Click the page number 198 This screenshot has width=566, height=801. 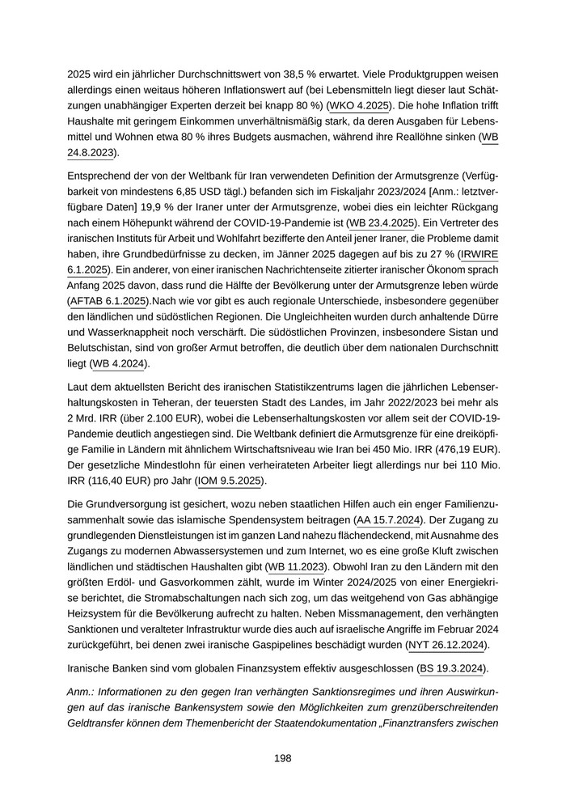282,758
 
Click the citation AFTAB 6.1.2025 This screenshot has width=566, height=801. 108,301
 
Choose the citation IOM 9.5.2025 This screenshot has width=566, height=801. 229,481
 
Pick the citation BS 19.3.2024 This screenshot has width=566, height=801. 450,668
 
